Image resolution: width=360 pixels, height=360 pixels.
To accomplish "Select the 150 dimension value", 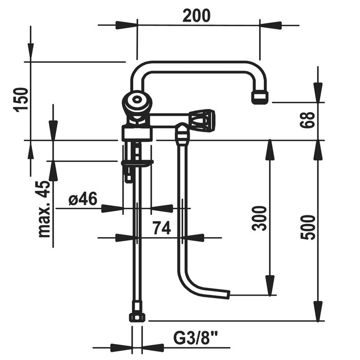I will [21, 100].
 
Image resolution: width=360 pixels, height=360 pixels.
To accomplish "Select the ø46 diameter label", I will [82, 199].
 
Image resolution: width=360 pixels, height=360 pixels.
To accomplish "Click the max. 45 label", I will [45, 209].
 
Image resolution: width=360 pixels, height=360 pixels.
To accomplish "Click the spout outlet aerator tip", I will [260, 96].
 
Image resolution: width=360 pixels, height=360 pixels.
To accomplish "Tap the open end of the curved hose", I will [227, 295].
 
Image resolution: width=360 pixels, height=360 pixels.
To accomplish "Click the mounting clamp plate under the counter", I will [137, 164].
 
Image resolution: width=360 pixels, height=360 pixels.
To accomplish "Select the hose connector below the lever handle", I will [182, 135].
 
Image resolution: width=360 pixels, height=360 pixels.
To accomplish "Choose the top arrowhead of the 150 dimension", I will [31, 51].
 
